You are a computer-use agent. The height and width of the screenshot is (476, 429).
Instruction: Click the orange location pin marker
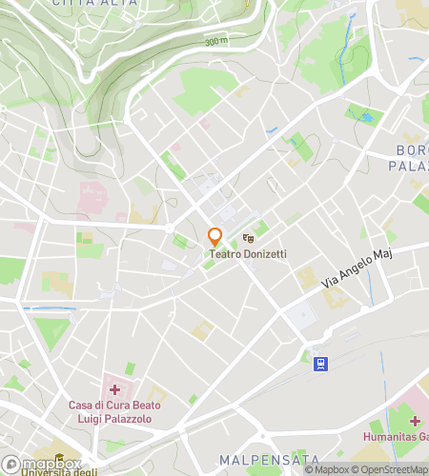[215, 236]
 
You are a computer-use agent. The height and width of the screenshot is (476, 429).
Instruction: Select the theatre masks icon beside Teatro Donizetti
[248, 237]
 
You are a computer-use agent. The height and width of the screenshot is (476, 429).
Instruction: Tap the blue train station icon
[320, 363]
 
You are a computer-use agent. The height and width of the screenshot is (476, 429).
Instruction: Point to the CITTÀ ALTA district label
[94, 4]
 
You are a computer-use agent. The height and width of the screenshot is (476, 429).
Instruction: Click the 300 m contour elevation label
[216, 42]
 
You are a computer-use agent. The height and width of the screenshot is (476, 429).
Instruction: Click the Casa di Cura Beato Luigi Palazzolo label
[113, 411]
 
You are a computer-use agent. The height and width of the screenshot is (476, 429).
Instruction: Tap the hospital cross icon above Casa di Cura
[114, 390]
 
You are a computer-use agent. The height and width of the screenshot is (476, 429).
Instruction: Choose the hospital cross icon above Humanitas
[416, 420]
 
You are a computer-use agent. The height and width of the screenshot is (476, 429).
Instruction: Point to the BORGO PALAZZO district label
[410, 158]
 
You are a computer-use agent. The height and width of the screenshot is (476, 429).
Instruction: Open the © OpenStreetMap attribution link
[392, 468]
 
